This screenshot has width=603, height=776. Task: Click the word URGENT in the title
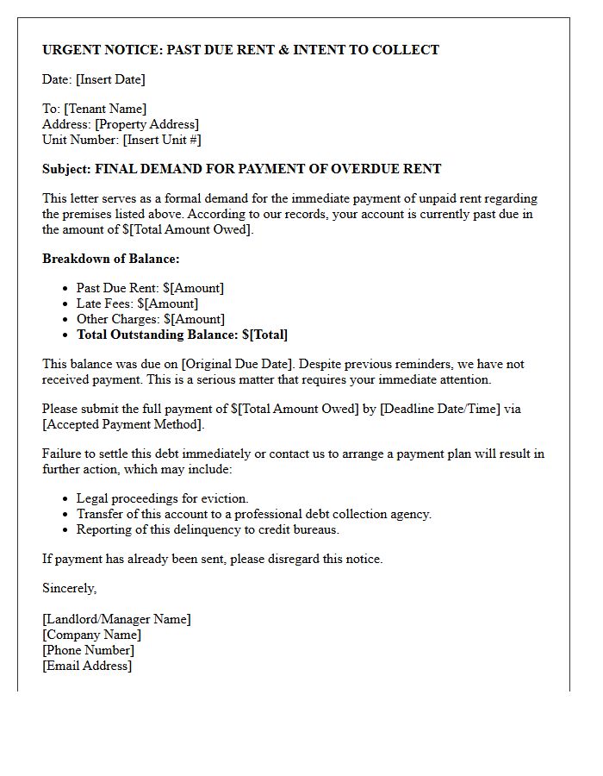(71, 50)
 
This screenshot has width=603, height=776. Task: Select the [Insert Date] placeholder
(110, 79)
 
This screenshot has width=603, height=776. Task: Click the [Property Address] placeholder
(146, 124)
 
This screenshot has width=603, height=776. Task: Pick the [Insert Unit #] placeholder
(162, 140)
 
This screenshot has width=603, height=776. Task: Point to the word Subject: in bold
(67, 169)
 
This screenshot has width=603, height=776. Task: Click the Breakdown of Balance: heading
(111, 259)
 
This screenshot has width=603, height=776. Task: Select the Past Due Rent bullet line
(150, 288)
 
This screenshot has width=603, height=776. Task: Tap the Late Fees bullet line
(137, 304)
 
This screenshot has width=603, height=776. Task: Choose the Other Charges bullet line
(151, 319)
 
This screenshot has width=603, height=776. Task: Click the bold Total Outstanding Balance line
(182, 335)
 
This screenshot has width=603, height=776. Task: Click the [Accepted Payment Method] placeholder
(121, 424)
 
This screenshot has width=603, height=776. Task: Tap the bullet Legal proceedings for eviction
(162, 498)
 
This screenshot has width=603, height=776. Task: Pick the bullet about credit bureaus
(208, 529)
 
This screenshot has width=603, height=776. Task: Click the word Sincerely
(70, 588)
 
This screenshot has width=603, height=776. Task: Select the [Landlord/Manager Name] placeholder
(116, 619)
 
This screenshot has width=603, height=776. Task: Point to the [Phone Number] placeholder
(88, 650)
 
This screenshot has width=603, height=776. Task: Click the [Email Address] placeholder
(87, 666)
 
